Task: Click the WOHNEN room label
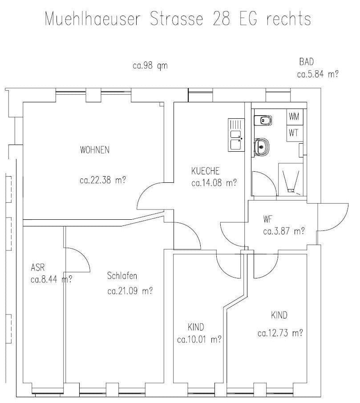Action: pyautogui.click(x=94, y=150)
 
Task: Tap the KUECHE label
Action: pyautogui.click(x=205, y=171)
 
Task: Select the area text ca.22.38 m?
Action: pyautogui.click(x=102, y=181)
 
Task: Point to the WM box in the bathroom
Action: pyautogui.click(x=294, y=117)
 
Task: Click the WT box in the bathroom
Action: pyautogui.click(x=293, y=133)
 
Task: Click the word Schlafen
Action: pyautogui.click(x=122, y=276)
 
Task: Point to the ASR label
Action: pyautogui.click(x=38, y=268)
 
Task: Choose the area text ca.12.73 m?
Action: pyautogui.click(x=280, y=333)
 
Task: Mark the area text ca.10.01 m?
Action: pyautogui.click(x=199, y=340)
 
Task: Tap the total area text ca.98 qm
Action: pyautogui.click(x=150, y=66)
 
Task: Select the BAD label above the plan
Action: pyautogui.click(x=307, y=62)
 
